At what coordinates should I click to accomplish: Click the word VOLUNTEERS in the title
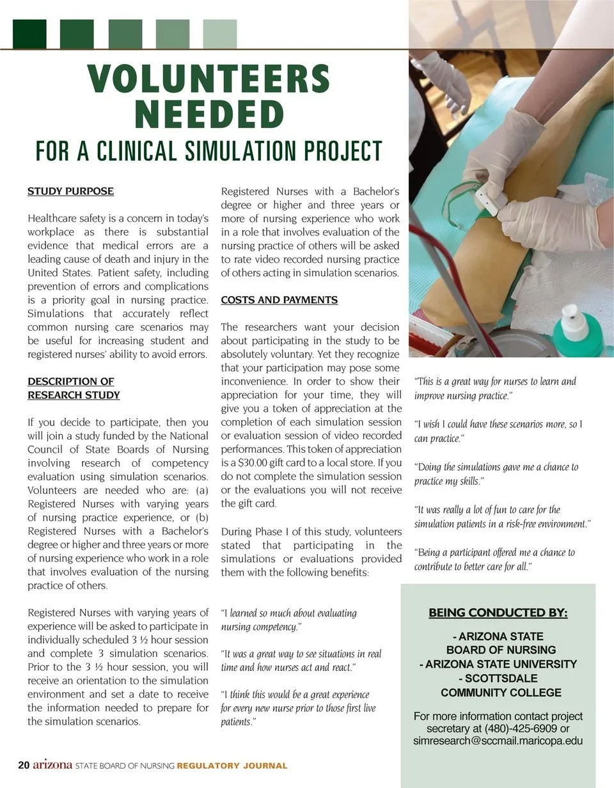click(209, 79)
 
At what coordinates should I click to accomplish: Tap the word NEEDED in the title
click(209, 114)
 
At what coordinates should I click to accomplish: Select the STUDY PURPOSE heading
click(70, 191)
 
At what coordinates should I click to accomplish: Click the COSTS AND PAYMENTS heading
click(279, 300)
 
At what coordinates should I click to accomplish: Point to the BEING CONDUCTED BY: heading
click(498, 613)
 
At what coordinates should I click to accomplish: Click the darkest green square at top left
click(29, 34)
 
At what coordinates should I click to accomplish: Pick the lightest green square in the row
click(219, 34)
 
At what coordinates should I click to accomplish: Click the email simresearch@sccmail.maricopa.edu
click(498, 741)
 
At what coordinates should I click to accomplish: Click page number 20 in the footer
click(24, 765)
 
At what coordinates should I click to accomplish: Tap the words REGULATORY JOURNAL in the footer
click(232, 766)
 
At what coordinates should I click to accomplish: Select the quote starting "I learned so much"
click(288, 620)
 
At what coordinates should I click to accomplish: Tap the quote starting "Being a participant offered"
click(494, 559)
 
